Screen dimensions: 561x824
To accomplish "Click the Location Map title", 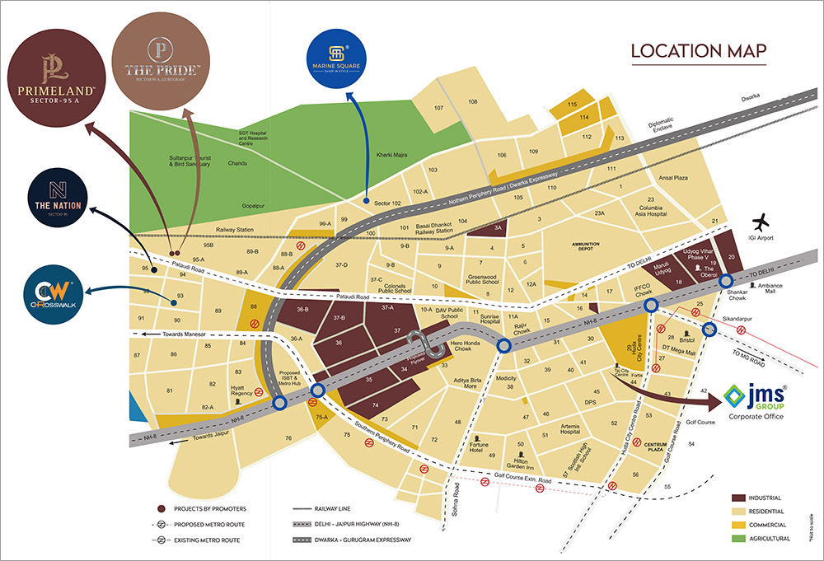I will (699, 52).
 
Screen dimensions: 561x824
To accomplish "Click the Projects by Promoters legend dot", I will (161, 509).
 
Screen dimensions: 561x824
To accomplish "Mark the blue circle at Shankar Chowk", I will (727, 282).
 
